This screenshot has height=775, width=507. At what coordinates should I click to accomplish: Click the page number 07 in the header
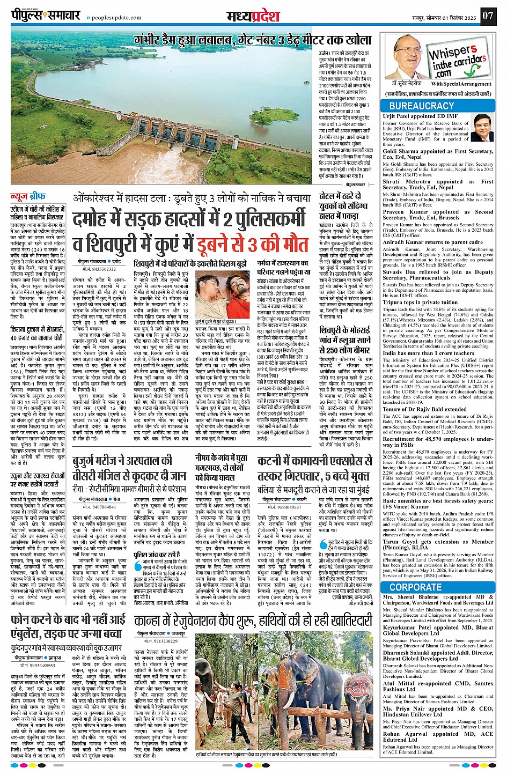tap(487, 15)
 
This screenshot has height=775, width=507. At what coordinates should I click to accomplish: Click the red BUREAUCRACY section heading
tap(422, 106)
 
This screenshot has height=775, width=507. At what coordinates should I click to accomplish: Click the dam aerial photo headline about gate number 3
tap(253, 40)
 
